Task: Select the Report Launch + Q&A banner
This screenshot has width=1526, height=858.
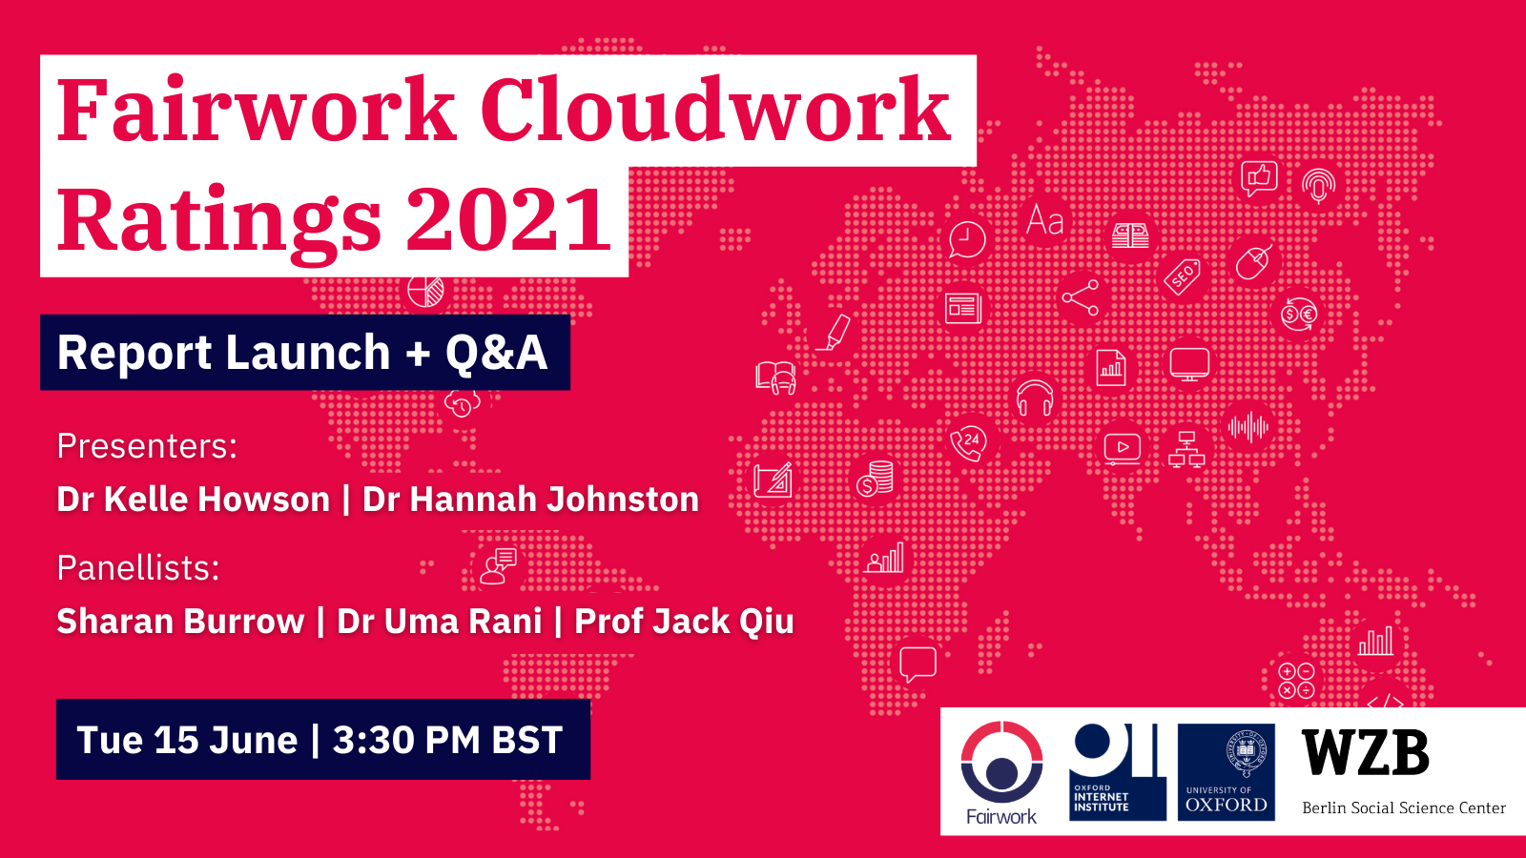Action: (x=305, y=352)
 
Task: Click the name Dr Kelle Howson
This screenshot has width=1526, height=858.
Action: (x=194, y=500)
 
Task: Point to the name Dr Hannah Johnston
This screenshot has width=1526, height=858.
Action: (x=530, y=500)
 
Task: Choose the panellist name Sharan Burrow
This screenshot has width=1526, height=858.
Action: (x=180, y=621)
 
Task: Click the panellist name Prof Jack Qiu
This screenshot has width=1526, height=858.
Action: (x=684, y=621)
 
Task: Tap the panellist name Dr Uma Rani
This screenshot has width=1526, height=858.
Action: (x=440, y=621)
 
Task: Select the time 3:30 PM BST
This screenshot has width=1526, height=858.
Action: (x=447, y=740)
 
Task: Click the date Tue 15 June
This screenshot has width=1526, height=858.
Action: (x=187, y=740)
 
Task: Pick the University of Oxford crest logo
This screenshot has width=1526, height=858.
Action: (x=1227, y=772)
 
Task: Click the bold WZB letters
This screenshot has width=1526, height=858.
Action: (x=1365, y=752)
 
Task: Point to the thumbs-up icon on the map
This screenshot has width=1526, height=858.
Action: (x=1258, y=178)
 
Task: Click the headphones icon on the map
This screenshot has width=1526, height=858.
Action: (x=1035, y=398)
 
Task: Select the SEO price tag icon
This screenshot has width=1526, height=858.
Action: (x=1184, y=276)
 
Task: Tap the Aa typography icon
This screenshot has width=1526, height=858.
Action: (x=1045, y=220)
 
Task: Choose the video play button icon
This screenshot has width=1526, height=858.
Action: (x=1122, y=449)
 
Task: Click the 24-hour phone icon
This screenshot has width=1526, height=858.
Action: (x=969, y=443)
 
